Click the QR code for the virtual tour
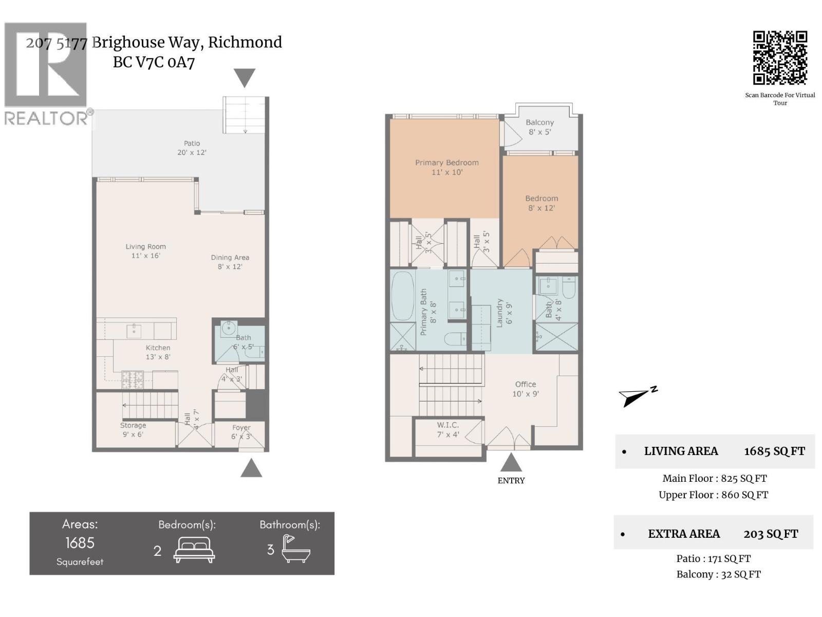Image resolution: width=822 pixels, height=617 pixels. [x=780, y=58]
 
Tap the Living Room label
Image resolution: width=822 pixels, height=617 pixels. [x=145, y=251]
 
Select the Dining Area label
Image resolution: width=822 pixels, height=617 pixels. [x=230, y=262]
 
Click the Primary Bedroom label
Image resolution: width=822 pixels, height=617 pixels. [x=446, y=167]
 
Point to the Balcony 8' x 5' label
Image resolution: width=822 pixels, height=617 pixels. [x=539, y=127]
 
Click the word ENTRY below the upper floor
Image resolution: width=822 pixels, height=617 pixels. [x=511, y=481]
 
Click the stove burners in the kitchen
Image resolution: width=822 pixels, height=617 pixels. [x=133, y=380]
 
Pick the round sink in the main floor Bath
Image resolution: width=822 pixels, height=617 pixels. [x=229, y=328]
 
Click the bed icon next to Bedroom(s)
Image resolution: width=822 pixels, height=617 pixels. [x=194, y=550]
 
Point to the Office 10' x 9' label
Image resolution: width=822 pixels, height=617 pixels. [x=525, y=389]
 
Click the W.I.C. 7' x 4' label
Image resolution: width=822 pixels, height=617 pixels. [x=447, y=430]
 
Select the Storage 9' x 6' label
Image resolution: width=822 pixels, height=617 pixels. [x=133, y=430]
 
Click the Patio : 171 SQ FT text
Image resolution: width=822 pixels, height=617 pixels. [x=713, y=558]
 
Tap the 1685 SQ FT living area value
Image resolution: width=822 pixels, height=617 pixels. [x=774, y=451]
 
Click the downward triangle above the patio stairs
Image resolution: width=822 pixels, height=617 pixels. [x=245, y=78]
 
